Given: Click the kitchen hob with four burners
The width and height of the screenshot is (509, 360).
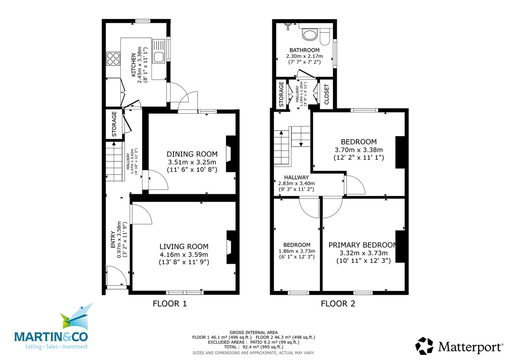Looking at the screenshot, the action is tap(113, 59).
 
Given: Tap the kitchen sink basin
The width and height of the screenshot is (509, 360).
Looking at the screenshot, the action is tap(158, 57).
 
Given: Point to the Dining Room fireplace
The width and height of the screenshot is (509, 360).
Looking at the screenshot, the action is tap(231, 154).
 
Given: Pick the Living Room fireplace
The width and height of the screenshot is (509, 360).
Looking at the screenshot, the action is tap(231, 247).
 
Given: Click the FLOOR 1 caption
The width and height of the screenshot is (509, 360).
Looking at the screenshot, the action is tap(170, 304).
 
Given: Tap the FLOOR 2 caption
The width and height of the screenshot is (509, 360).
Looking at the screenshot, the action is tap(338, 304).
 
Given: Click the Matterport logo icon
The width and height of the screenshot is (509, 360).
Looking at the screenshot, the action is tap(424, 346).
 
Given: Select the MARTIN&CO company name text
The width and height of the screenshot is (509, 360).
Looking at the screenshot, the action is tap(51, 337).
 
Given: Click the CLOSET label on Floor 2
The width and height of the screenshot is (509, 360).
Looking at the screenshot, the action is tap(327, 94).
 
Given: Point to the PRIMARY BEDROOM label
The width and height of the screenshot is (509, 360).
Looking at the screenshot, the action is tap(362, 245).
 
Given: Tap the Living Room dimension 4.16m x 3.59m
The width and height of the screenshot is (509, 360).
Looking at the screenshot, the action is tap(184, 254).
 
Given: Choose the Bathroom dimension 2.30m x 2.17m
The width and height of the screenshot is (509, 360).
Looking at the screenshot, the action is tap(305, 56).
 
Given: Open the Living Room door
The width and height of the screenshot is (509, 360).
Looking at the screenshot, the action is tap(141, 214).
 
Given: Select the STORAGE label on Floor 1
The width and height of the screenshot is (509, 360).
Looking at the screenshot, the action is tap(114, 124).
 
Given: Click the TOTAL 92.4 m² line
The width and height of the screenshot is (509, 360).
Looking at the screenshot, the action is tap(254, 347).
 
